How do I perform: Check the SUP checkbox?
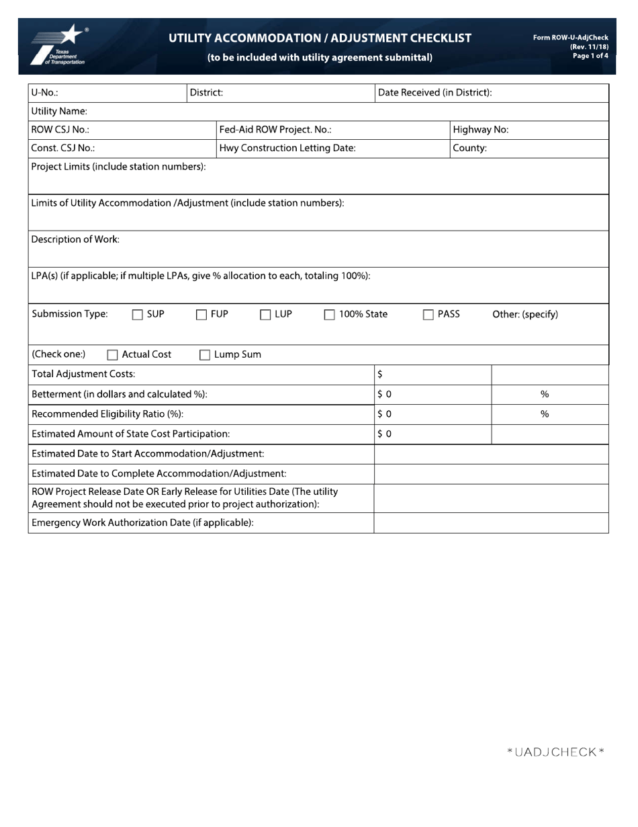click(x=138, y=315)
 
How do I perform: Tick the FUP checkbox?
click(x=201, y=315)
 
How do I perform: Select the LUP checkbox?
click(x=265, y=315)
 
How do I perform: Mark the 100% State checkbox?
click(x=330, y=315)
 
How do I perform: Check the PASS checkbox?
click(x=428, y=315)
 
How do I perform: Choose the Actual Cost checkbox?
click(x=113, y=355)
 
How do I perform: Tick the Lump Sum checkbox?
click(x=205, y=355)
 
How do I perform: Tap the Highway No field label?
click(x=480, y=130)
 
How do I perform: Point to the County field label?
click(x=469, y=148)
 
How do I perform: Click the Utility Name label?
click(x=59, y=111)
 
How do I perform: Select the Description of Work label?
click(x=75, y=239)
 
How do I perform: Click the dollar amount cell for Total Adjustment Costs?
click(x=432, y=374)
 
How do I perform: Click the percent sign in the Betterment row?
click(x=545, y=394)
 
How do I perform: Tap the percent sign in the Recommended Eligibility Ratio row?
click(x=545, y=414)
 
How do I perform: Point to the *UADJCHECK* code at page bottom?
click(x=555, y=752)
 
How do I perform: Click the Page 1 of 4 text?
click(x=590, y=56)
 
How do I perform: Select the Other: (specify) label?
click(x=525, y=314)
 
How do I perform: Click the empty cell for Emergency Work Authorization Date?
click(x=490, y=522)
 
